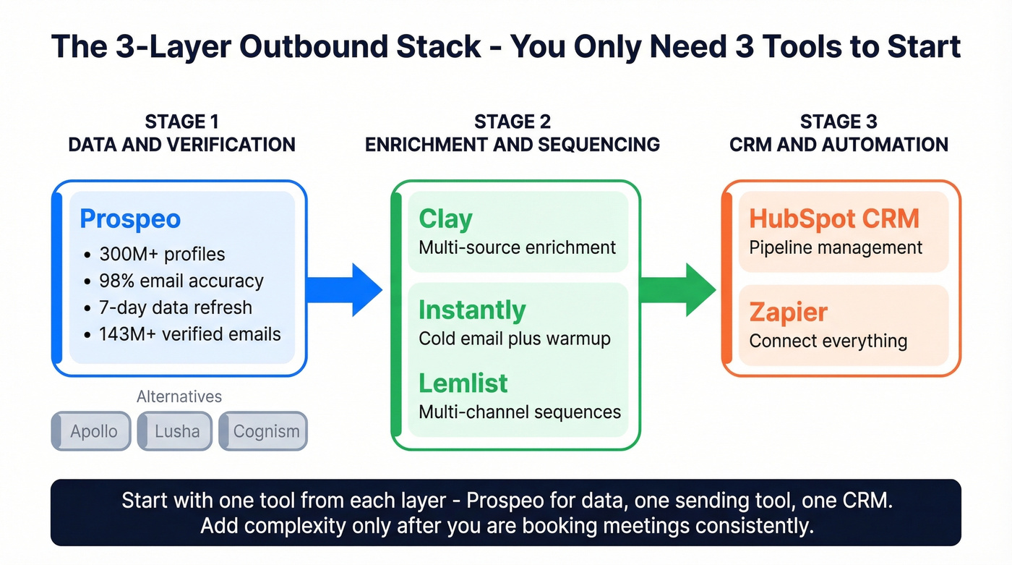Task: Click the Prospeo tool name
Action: [x=130, y=218]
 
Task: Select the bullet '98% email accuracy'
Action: [x=181, y=281]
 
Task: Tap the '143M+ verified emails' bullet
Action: [x=189, y=334]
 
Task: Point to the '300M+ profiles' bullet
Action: [x=162, y=255]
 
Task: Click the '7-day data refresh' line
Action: [x=175, y=307]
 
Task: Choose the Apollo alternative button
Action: [x=93, y=431]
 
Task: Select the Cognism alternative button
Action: [x=265, y=431]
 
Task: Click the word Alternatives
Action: [x=179, y=396]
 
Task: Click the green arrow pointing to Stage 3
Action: [x=678, y=289]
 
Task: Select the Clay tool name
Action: [x=445, y=218]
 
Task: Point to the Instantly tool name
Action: [x=472, y=310]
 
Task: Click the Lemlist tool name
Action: [x=463, y=383]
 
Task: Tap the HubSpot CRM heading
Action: [x=834, y=218]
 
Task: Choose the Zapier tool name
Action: [x=788, y=312]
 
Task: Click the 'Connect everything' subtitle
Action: [x=828, y=340]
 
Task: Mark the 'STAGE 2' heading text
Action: [x=512, y=122]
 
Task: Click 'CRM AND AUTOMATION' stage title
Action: [x=839, y=144]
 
